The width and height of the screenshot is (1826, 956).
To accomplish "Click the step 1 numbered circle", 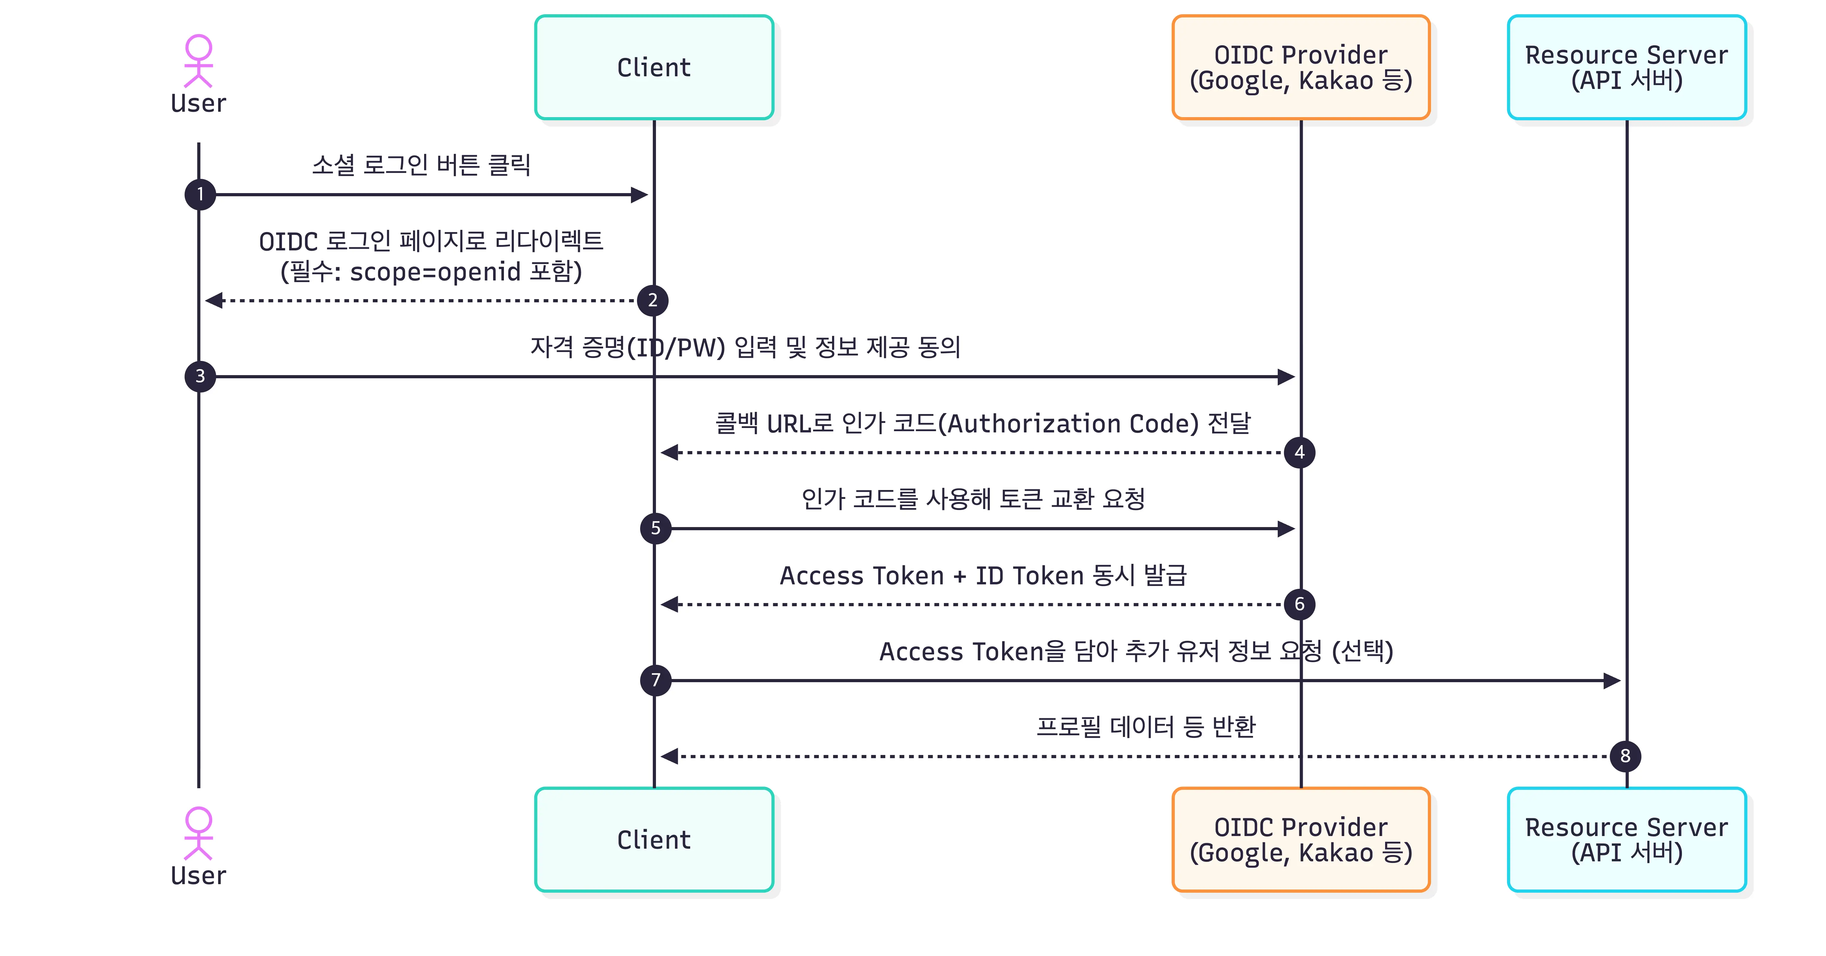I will point(200,194).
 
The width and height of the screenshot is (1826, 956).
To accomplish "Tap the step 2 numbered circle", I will point(652,300).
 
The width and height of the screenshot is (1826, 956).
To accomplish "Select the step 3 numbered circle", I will point(200,376).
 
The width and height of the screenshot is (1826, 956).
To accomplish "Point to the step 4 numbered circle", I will point(1299,452).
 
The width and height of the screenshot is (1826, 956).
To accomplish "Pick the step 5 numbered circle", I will point(656,528).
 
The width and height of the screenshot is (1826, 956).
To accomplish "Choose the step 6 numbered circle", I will point(1299,604).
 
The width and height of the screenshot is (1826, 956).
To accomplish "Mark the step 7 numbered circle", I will point(656,680).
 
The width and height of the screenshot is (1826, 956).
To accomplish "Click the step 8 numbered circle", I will point(1626,756).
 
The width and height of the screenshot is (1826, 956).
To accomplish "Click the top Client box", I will point(653,67).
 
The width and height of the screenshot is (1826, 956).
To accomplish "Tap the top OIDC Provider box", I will point(1301,67).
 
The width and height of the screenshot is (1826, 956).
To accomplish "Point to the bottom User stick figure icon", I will point(199,833).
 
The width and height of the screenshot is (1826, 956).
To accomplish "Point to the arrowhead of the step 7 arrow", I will point(1613,680).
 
